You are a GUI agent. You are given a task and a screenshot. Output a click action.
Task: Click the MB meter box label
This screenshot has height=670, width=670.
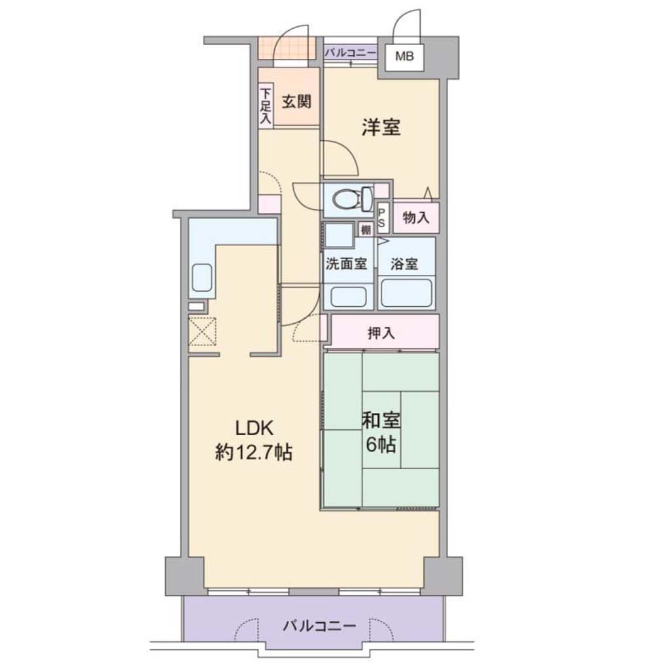404,56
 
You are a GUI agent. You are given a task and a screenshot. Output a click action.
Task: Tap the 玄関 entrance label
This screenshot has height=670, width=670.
296,101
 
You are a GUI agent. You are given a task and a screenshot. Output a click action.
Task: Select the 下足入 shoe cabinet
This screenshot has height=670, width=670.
266,106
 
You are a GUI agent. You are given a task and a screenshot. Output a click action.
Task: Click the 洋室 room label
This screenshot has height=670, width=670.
381,128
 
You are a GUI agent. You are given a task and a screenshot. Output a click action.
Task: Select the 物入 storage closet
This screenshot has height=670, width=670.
415,218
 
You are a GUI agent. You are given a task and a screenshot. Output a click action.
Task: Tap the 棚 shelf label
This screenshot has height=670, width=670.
366,230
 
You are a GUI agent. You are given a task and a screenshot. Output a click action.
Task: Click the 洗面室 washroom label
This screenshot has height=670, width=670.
346,264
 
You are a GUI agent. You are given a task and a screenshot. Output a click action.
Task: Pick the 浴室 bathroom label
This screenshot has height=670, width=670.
404,264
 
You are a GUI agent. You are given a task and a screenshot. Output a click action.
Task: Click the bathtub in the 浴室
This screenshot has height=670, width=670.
406,293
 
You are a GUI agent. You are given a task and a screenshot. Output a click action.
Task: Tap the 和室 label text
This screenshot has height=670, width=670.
381,421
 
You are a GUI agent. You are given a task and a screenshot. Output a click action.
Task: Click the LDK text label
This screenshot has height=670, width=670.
255,428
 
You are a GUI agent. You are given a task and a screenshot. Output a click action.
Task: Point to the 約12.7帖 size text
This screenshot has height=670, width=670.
254,451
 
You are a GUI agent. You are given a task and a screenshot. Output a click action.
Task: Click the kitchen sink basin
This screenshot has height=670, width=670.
202,277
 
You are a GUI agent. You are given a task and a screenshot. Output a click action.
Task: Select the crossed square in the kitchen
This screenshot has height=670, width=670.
202,331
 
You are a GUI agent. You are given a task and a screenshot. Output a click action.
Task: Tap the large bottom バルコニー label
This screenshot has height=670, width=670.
319,626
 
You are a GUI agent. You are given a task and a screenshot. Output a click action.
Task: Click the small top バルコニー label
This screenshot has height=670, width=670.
351,53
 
